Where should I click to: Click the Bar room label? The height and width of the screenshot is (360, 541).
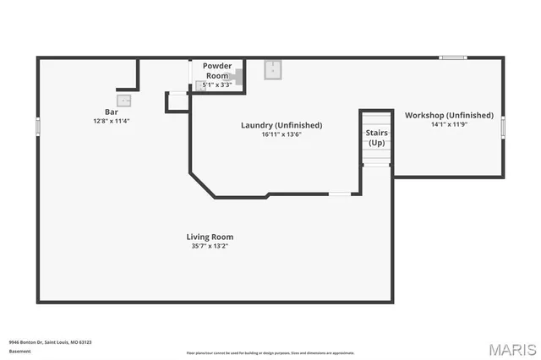[x=111, y=112]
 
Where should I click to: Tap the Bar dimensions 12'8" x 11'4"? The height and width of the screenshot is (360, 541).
[x=111, y=121]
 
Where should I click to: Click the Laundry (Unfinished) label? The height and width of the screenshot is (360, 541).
[x=281, y=125]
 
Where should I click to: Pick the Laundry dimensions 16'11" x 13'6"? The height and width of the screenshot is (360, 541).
[x=281, y=134]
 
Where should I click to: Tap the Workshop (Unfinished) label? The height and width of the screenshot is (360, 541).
[x=449, y=115]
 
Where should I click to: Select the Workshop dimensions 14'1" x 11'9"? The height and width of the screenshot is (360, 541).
[x=449, y=124]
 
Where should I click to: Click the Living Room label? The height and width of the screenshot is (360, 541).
[x=210, y=237]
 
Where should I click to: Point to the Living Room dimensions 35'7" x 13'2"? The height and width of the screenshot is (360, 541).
[x=210, y=246]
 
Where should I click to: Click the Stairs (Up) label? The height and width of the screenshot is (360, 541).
[x=376, y=138]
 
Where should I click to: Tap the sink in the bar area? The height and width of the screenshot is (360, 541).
[x=124, y=100]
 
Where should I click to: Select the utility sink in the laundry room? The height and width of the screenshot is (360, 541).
[x=273, y=69]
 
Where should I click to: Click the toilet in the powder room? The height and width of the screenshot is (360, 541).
[x=238, y=77]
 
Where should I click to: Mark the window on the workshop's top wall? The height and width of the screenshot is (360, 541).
[x=453, y=57]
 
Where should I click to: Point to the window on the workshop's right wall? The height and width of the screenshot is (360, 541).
[x=504, y=126]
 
